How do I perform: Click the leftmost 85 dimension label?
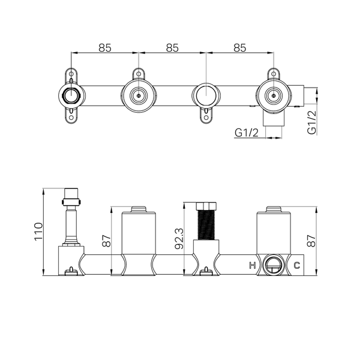coord(105,48)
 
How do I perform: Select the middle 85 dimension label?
coord(172,48)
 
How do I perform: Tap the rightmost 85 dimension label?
coord(240,48)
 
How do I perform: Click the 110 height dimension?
coord(38,232)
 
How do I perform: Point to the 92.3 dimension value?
coord(179,239)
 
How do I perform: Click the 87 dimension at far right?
coord(312,241)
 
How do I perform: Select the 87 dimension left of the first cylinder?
coord(107,241)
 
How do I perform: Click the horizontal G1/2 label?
coord(247,133)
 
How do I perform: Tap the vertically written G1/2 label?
coord(312,122)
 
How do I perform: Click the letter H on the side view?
coord(253,265)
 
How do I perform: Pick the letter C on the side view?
coord(297,265)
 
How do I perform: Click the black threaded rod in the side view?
coord(206,225)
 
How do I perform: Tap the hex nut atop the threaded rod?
coord(206,206)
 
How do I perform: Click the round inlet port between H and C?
coord(273,266)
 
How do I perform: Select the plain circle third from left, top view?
coord(206,95)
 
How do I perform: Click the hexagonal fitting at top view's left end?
coord(71,95)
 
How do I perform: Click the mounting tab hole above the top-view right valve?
coord(274,74)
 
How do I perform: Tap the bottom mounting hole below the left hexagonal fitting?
coord(71,118)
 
